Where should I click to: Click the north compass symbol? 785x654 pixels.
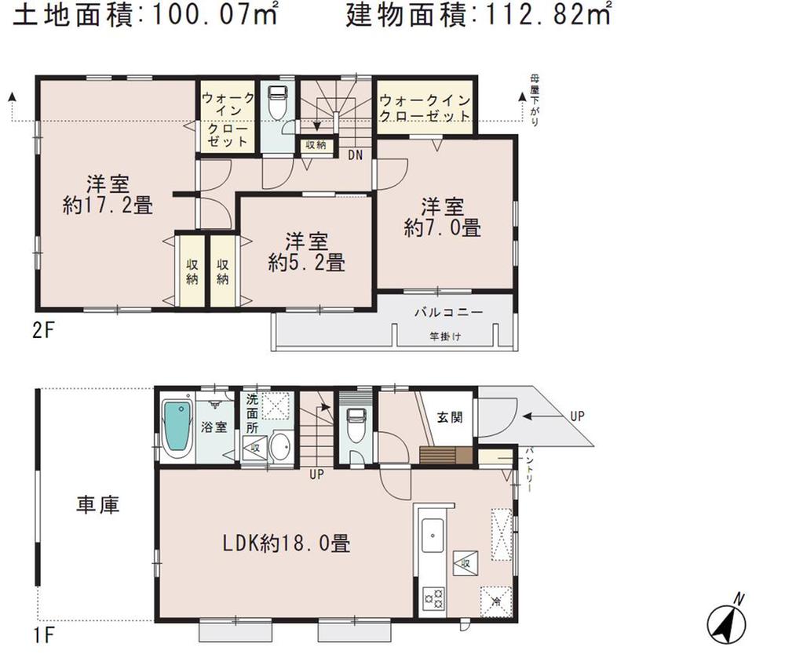[727, 623]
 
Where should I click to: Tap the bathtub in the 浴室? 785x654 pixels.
[177, 431]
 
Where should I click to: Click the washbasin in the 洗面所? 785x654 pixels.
[279, 447]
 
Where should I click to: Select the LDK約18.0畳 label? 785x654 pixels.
[285, 541]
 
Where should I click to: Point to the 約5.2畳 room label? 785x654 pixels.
[306, 263]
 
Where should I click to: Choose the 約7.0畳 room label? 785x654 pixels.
[443, 227]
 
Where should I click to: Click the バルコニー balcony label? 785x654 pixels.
[448, 311]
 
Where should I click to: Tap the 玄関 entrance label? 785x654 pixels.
[450, 417]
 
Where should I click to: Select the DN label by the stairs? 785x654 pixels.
[355, 155]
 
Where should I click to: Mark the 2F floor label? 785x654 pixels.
[42, 329]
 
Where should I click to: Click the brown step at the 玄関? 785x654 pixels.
[446, 456]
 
